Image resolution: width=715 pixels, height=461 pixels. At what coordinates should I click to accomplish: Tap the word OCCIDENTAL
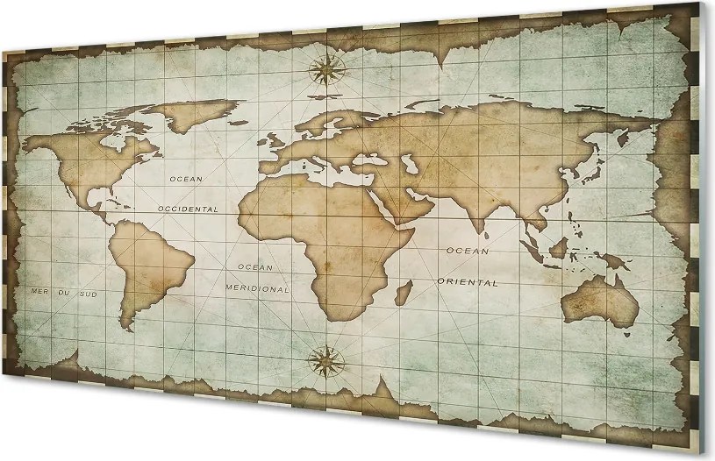tap(188, 209)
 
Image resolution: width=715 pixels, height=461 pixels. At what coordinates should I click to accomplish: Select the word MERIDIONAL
tap(257, 287)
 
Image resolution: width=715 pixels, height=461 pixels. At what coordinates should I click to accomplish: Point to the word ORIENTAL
tap(468, 282)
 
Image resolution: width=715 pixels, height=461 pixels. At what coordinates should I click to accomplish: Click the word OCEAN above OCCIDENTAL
tap(185, 178)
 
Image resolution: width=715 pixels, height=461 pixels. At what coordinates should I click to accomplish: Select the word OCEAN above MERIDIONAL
tap(255, 266)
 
